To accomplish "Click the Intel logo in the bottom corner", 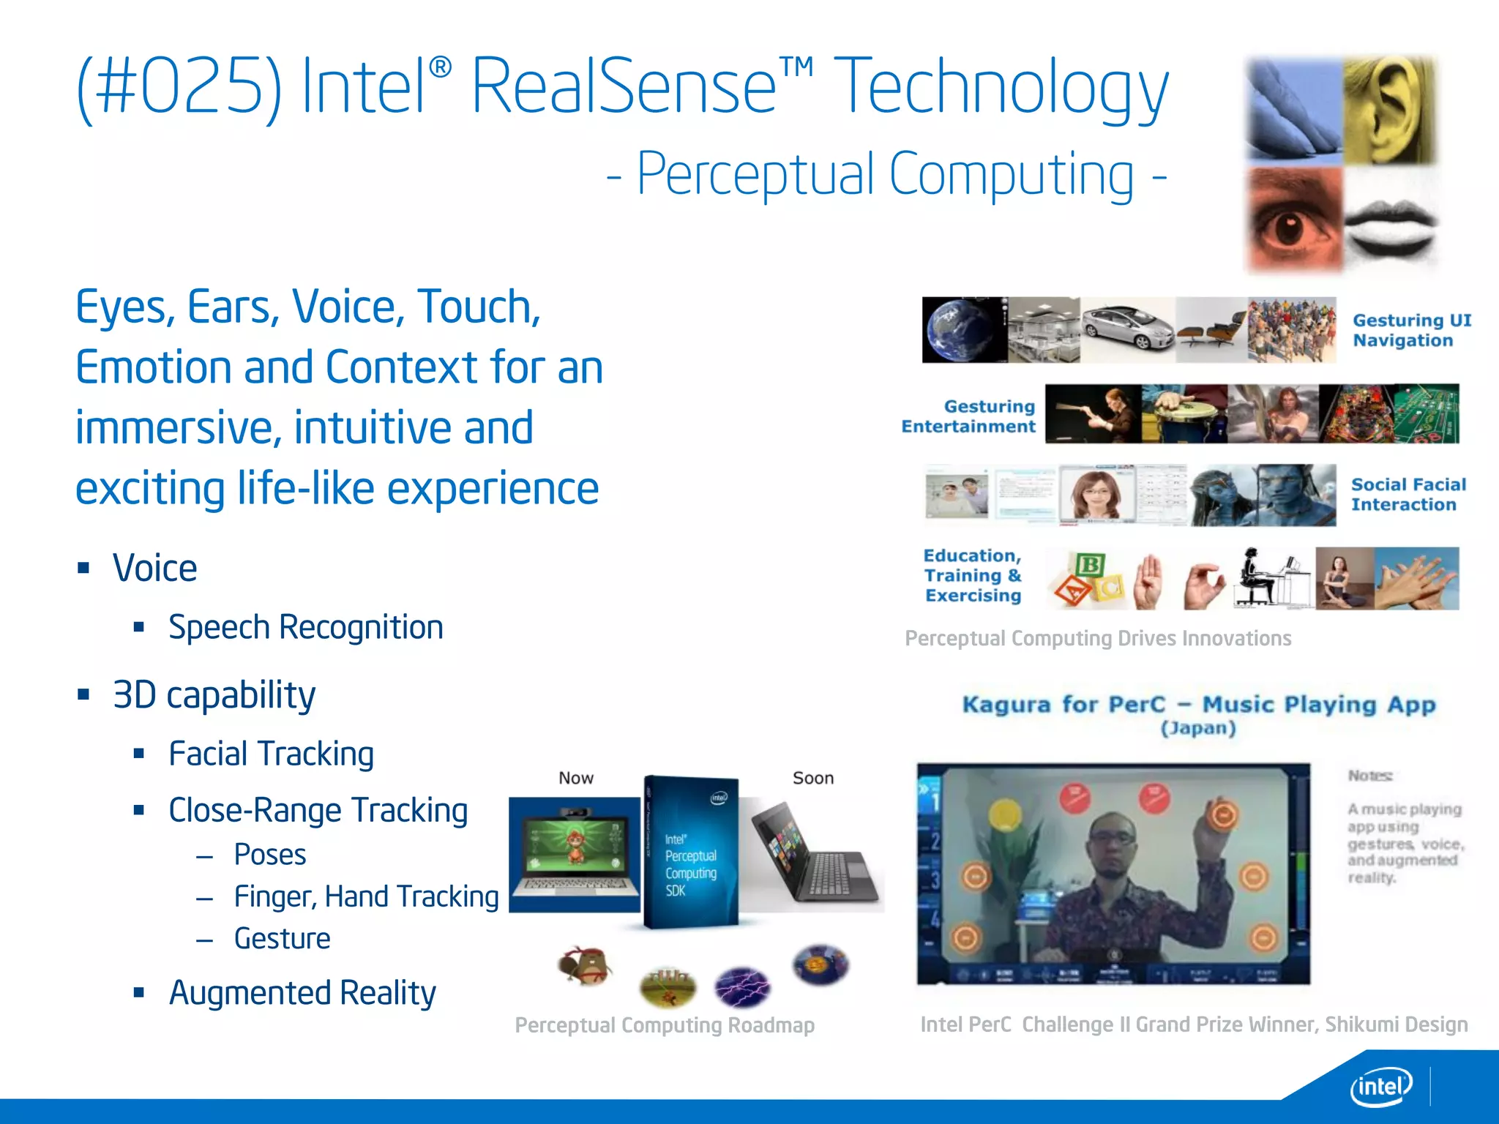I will tap(1380, 1087).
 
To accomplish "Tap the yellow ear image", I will tap(1389, 110).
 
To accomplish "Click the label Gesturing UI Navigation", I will tap(1411, 330).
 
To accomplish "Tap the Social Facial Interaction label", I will tap(1408, 495).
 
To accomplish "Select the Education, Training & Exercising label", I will tap(972, 576).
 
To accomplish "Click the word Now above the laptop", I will tap(576, 778).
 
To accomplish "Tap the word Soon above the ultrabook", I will tap(813, 778).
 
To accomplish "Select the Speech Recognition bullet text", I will tap(305, 628).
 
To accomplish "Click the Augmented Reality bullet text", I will tap(302, 993).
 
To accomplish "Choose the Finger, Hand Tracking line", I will tap(366, 896).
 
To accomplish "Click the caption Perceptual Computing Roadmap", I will tap(665, 1025).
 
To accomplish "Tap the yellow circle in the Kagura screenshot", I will tap(1004, 813).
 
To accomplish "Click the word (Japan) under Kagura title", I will tap(1198, 728).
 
